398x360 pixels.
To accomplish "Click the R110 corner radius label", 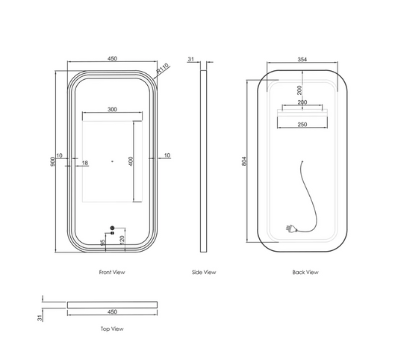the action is pos(163,68).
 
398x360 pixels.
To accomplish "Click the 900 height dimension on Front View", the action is pos(52,161).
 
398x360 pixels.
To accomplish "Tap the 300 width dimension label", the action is pos(112,110).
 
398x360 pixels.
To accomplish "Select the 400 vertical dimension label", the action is pos(131,161).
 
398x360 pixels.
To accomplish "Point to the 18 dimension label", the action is pos(85,163).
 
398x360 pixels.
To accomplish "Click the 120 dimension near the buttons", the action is pos(122,240).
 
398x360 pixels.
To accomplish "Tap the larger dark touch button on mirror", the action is pos(113,228).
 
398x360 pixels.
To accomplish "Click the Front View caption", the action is pos(112,272).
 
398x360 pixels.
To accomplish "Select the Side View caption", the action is pos(204,272).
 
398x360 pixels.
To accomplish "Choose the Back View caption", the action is pos(305,272).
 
